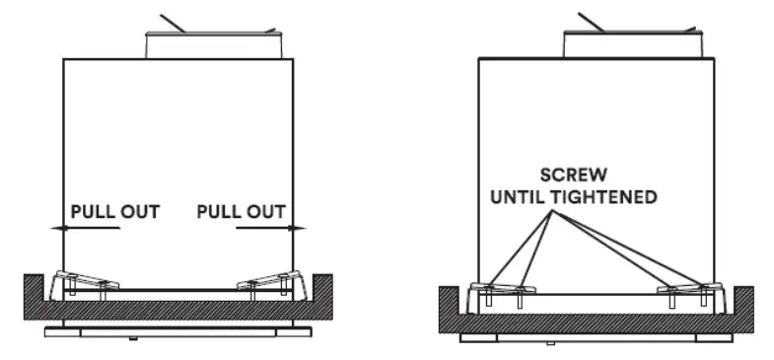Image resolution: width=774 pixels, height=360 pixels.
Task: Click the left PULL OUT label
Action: click(114, 211)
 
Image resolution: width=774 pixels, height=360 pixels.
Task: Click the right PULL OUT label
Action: click(241, 211)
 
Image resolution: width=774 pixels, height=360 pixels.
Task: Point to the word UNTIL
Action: click(519, 197)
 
